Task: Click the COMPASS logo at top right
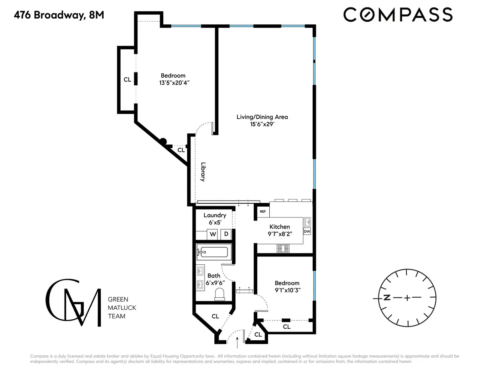click(x=398, y=15)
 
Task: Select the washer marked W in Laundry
click(x=213, y=234)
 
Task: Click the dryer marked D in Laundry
click(x=226, y=234)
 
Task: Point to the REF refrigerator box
click(x=263, y=212)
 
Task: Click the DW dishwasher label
click(x=307, y=231)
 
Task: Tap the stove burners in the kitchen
click(x=283, y=248)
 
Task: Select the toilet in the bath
click(x=219, y=295)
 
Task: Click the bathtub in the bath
click(x=213, y=252)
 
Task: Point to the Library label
click(x=203, y=172)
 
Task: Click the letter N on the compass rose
click(x=386, y=298)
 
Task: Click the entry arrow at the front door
click(x=237, y=341)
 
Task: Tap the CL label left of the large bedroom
click(x=127, y=80)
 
